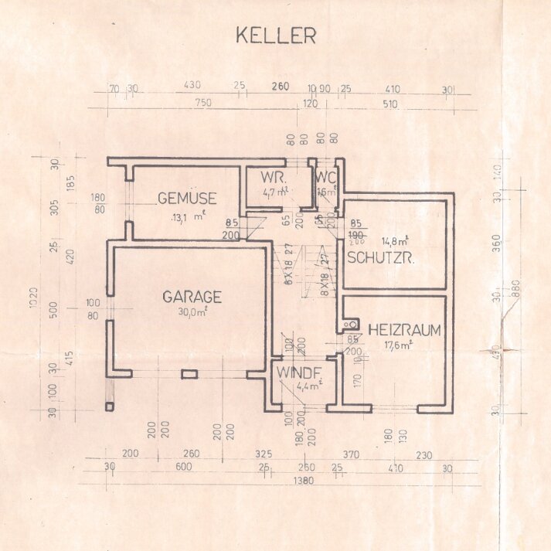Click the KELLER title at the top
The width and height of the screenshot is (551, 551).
[275, 36]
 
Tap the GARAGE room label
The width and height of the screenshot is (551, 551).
[192, 297]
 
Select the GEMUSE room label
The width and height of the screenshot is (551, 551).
[186, 198]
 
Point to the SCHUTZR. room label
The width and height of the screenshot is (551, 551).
[381, 257]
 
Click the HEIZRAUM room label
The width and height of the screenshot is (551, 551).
[404, 330]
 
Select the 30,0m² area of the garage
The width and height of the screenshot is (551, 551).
[192, 311]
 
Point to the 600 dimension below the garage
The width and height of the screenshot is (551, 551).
[183, 468]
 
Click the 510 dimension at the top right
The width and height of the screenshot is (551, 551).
[389, 103]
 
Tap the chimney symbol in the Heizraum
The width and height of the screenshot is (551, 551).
[350, 325]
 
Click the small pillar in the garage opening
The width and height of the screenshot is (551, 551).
[189, 375]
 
